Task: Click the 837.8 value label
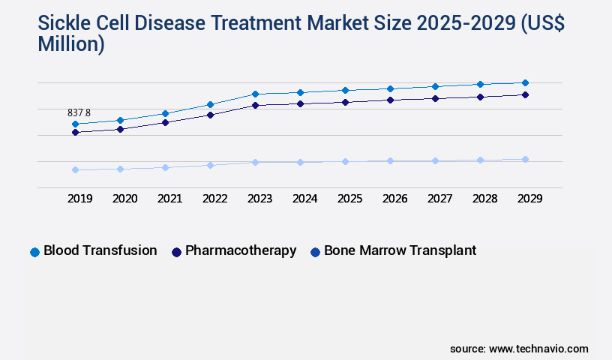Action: (79, 112)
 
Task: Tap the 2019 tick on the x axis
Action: (79, 199)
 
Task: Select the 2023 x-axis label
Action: (259, 199)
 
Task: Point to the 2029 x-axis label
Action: (529, 199)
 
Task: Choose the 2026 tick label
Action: (394, 199)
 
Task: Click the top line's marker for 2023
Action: (255, 94)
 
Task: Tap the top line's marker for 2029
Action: (525, 82)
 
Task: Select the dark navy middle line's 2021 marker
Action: (165, 122)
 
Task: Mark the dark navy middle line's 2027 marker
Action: (435, 98)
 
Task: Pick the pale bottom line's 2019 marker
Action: (75, 169)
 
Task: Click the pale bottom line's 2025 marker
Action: (345, 161)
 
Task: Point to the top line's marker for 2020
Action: (120, 120)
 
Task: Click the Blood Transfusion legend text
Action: (100, 250)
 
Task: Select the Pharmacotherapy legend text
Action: (241, 250)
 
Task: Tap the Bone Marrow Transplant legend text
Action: (400, 250)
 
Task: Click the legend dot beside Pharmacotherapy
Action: (176, 252)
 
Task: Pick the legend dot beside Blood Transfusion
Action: (34, 252)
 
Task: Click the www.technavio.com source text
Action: (538, 349)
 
